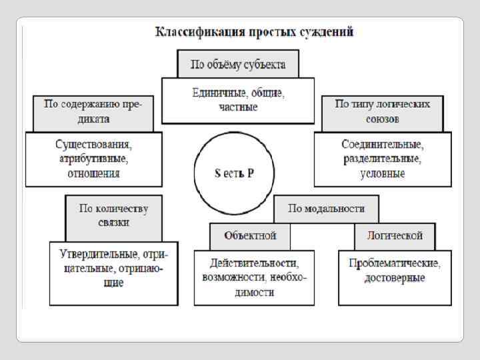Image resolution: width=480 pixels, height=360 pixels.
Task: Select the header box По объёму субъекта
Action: tap(238, 65)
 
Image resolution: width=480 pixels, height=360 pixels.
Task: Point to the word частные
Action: tap(238, 107)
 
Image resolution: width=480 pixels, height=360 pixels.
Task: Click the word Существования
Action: tap(93, 145)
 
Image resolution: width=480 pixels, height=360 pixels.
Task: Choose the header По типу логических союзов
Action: tap(382, 111)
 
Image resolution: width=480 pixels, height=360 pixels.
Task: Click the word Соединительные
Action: tap(383, 145)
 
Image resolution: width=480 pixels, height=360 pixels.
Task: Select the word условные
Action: tap(383, 173)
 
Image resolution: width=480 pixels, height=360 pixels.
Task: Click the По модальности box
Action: tap(326, 208)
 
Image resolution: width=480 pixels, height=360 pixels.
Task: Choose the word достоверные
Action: tap(394, 277)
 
